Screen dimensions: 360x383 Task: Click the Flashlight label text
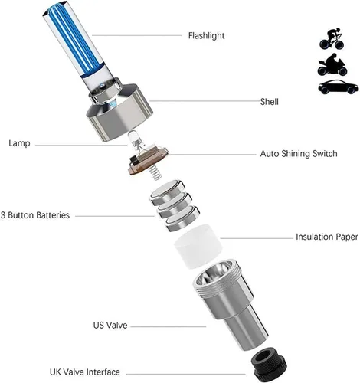(x=206, y=36)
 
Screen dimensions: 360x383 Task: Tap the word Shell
(x=269, y=102)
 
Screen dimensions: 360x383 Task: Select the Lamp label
(x=19, y=143)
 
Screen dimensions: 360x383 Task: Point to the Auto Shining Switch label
(x=299, y=154)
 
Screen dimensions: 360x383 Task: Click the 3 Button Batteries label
(x=35, y=215)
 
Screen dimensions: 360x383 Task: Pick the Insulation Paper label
(x=327, y=237)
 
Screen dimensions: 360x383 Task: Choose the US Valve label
(x=110, y=325)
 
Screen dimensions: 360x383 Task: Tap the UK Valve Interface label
(x=85, y=372)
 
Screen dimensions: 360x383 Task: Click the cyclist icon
(x=332, y=39)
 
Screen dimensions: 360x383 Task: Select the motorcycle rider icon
(x=332, y=64)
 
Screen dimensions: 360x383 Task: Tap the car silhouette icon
(x=339, y=87)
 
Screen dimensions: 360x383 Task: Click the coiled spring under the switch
(x=155, y=172)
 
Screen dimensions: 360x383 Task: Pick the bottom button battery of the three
(x=182, y=218)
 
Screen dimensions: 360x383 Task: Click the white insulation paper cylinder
(x=198, y=246)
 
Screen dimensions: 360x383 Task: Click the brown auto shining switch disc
(x=148, y=160)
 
